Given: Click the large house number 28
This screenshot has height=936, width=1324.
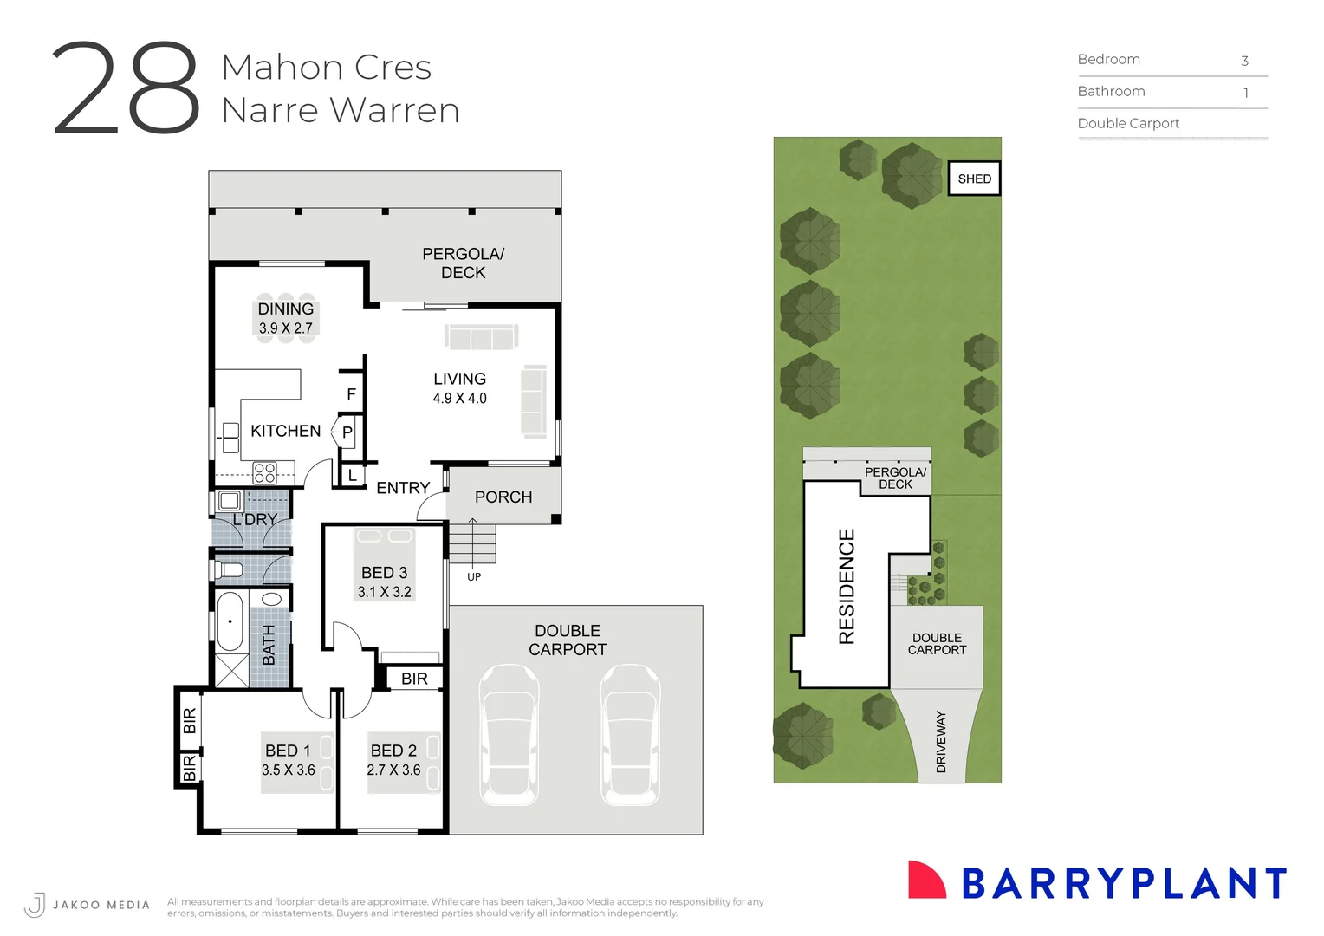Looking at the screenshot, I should [x=127, y=88].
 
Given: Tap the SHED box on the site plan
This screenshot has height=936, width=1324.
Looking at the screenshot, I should [x=974, y=179].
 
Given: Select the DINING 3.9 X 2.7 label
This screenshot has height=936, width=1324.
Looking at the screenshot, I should [x=286, y=318].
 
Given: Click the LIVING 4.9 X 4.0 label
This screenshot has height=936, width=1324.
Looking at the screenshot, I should [x=459, y=388].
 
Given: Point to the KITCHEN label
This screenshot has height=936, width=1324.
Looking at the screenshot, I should [x=285, y=431].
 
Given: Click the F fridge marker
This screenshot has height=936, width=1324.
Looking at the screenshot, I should [x=351, y=394].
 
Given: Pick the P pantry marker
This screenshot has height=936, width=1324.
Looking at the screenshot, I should [x=347, y=432].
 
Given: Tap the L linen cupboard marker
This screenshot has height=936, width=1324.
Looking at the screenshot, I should [x=352, y=476].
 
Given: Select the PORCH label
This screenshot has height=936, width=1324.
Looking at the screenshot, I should [x=503, y=497].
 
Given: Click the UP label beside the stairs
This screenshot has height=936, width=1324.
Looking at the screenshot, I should [x=474, y=576].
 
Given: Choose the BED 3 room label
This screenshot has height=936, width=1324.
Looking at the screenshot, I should [x=384, y=582].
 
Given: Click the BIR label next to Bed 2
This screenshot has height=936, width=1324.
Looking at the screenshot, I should [x=414, y=679].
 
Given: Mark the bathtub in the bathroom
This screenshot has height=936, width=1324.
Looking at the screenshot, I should [x=230, y=621].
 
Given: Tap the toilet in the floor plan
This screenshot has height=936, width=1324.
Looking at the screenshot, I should [x=228, y=569].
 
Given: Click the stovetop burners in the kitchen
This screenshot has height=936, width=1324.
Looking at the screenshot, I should [x=264, y=473].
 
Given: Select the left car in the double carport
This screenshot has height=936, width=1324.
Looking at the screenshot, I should [x=509, y=735].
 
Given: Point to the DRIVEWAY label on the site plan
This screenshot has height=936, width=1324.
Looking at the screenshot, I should [x=941, y=742].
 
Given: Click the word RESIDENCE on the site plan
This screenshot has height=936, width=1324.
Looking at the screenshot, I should [x=847, y=587].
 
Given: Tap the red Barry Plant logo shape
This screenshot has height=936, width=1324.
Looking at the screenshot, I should [x=925, y=881].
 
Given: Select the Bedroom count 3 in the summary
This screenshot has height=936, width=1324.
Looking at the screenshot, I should [x=1244, y=61].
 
